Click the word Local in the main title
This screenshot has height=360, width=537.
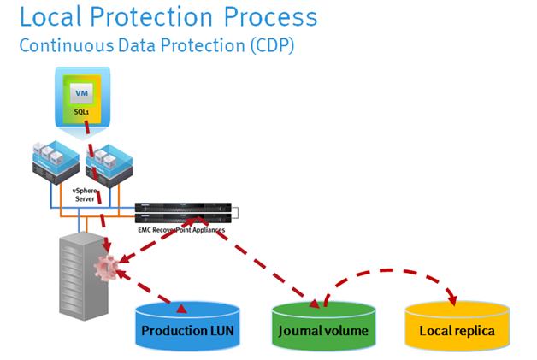coord(50,17)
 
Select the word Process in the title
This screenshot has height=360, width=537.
coord(271,17)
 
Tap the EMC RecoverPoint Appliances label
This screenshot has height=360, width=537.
coord(185,230)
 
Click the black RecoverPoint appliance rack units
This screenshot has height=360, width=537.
coord(184,212)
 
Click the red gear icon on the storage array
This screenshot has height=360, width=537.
coord(109,269)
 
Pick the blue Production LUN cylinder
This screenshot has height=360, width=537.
coord(188,329)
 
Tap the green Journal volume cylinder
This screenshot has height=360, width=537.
coord(322,329)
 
